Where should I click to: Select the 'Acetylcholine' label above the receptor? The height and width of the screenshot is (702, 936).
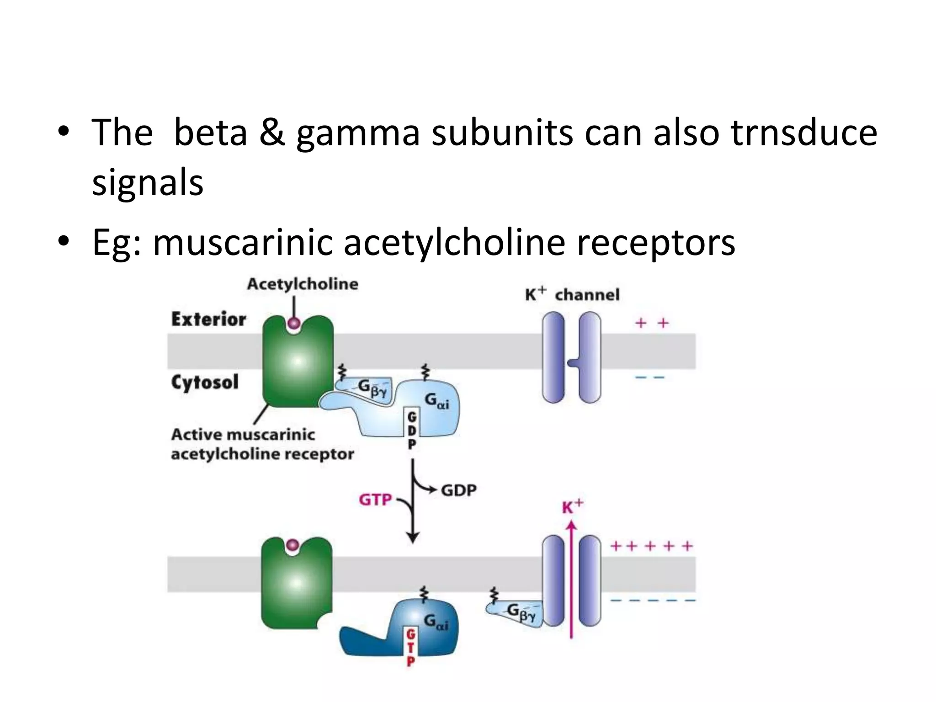tap(303, 284)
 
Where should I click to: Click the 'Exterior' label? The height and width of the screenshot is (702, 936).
tap(208, 319)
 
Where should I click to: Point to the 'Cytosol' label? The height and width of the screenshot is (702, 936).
tap(205, 382)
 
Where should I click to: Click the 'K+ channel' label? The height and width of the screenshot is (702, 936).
tap(572, 295)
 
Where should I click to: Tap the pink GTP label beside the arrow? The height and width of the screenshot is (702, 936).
tap(375, 500)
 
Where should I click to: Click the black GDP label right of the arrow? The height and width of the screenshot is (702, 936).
tap(458, 490)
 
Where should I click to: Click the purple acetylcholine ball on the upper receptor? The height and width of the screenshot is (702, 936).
tap(294, 323)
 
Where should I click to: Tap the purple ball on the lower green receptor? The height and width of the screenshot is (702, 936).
tap(292, 545)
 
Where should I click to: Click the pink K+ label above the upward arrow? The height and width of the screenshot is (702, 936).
tap(572, 507)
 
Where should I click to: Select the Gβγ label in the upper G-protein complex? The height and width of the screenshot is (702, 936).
tap(371, 388)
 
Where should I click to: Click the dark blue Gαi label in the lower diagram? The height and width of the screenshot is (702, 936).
tap(436, 622)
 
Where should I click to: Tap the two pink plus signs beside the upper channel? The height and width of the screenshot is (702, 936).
tap(652, 323)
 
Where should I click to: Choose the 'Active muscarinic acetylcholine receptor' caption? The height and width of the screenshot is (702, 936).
tap(262, 444)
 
